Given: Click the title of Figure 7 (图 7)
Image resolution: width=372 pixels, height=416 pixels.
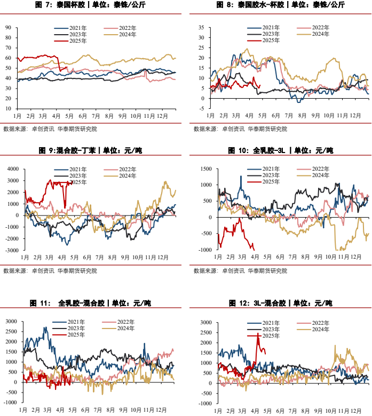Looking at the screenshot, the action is [x=90, y=5].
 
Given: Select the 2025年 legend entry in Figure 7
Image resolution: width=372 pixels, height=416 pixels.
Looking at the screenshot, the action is [x=70, y=41].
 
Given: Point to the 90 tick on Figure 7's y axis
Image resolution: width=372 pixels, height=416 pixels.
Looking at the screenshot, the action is [x=8, y=28].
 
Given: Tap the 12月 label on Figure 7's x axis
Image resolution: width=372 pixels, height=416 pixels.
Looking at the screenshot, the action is [x=162, y=116].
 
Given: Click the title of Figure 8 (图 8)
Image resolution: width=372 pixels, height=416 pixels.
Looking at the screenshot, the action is [x=280, y=5].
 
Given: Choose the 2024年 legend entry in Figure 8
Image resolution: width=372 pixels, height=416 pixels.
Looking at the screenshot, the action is [x=313, y=34].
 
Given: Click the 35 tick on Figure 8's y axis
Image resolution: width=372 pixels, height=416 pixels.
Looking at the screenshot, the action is [x=201, y=28].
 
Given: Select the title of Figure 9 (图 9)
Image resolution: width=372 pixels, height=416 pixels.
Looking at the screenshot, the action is [x=90, y=151].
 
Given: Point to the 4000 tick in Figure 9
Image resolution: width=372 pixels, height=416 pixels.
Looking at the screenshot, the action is [x=13, y=169].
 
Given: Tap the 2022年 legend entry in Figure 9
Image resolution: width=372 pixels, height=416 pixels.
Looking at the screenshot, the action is [x=120, y=169].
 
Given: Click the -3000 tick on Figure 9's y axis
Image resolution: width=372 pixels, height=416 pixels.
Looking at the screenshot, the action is [x=12, y=250].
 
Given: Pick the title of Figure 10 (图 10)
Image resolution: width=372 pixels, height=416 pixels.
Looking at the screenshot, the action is [x=280, y=151].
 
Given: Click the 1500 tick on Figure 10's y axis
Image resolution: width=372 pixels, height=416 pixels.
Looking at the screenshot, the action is [x=206, y=169].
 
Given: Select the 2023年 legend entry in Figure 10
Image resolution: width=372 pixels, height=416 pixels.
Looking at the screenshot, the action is [x=264, y=175].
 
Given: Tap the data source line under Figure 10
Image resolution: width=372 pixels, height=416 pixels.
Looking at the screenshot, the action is [x=240, y=271].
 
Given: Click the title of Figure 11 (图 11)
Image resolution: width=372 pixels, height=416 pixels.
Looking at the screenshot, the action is [x=90, y=303].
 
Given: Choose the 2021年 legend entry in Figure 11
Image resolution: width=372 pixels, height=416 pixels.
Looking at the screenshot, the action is [x=68, y=322].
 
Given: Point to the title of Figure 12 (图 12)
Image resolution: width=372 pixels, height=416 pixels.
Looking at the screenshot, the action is [x=280, y=303].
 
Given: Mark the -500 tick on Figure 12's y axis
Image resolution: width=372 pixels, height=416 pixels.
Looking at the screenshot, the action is [x=206, y=394].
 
